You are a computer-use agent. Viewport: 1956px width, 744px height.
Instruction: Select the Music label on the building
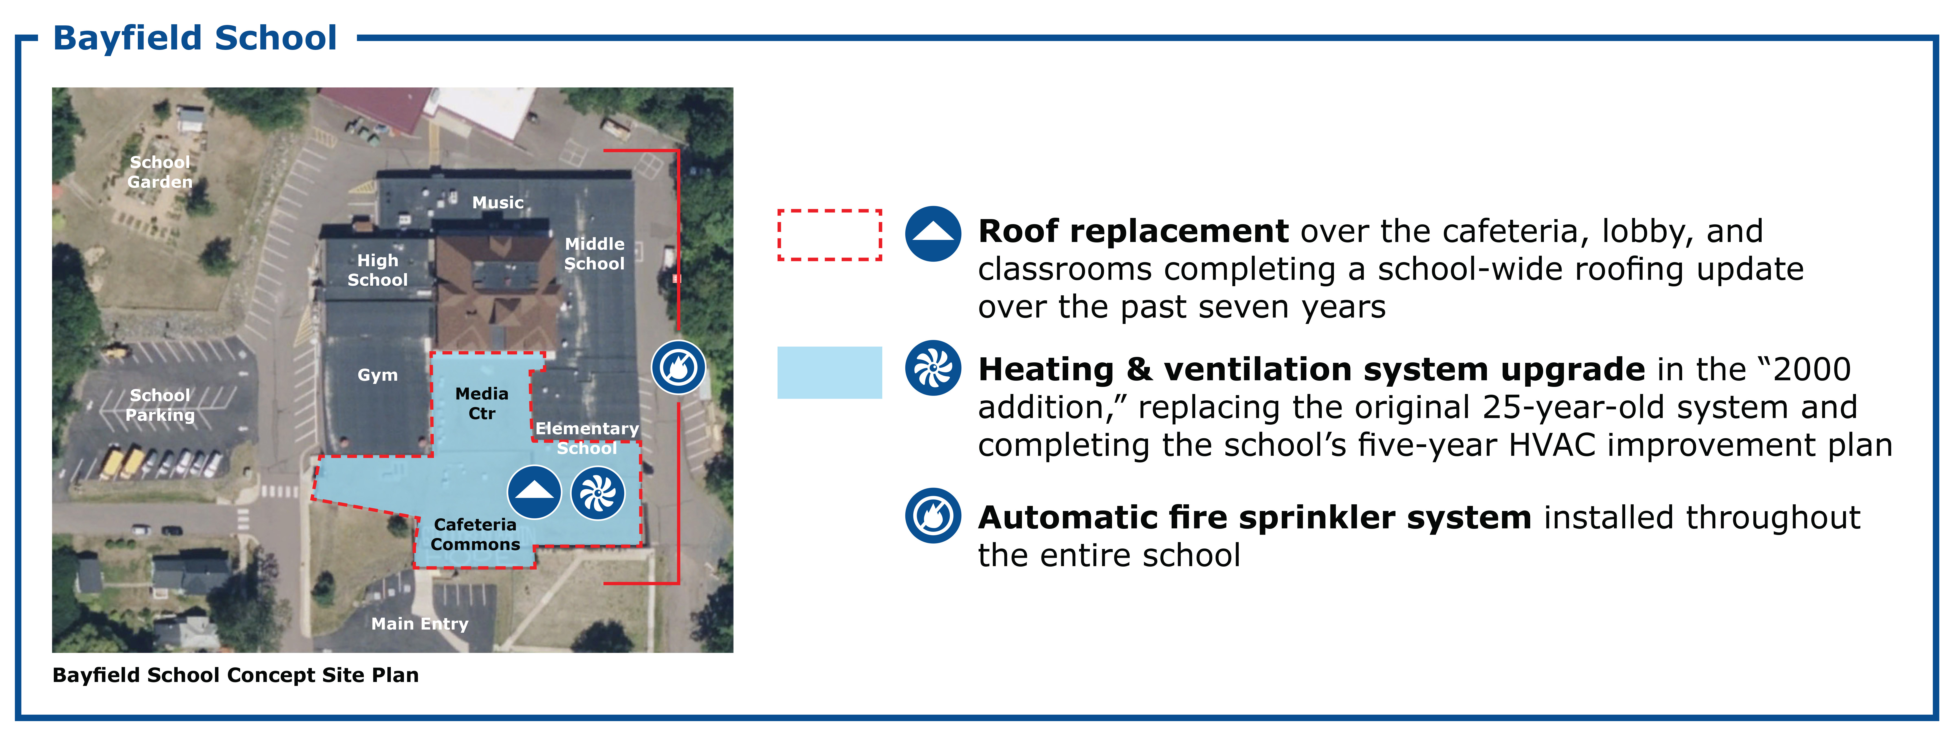click(x=498, y=203)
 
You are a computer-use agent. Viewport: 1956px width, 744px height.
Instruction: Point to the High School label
click(x=377, y=270)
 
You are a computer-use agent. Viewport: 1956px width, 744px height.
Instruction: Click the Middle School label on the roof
click(x=595, y=254)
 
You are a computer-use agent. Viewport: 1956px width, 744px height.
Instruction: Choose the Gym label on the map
click(x=377, y=375)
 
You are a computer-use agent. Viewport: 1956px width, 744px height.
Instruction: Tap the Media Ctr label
click(x=482, y=403)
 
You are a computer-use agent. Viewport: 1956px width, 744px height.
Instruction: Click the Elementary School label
click(x=587, y=438)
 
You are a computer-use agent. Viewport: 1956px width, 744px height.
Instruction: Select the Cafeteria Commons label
click(x=475, y=535)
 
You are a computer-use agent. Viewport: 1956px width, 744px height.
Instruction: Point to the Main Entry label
click(x=420, y=624)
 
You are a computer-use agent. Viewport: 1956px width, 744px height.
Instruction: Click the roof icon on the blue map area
click(x=535, y=492)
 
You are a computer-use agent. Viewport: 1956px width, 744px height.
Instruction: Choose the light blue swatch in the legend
click(x=830, y=373)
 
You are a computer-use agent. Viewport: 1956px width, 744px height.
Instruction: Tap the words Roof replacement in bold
click(x=1133, y=231)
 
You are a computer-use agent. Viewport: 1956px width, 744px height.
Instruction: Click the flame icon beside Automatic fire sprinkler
click(x=933, y=516)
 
